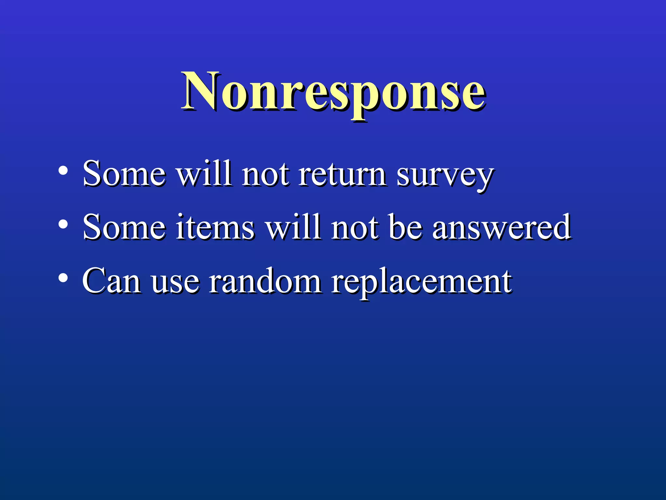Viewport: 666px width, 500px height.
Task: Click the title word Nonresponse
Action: pos(334,92)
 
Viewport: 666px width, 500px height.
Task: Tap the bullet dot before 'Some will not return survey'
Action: pos(63,170)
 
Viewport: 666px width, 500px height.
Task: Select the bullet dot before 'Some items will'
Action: pos(63,224)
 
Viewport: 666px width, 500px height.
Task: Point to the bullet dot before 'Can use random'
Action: pos(63,278)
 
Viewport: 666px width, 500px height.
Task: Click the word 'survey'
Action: pos(445,176)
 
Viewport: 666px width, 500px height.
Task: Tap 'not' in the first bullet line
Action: pos(265,174)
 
